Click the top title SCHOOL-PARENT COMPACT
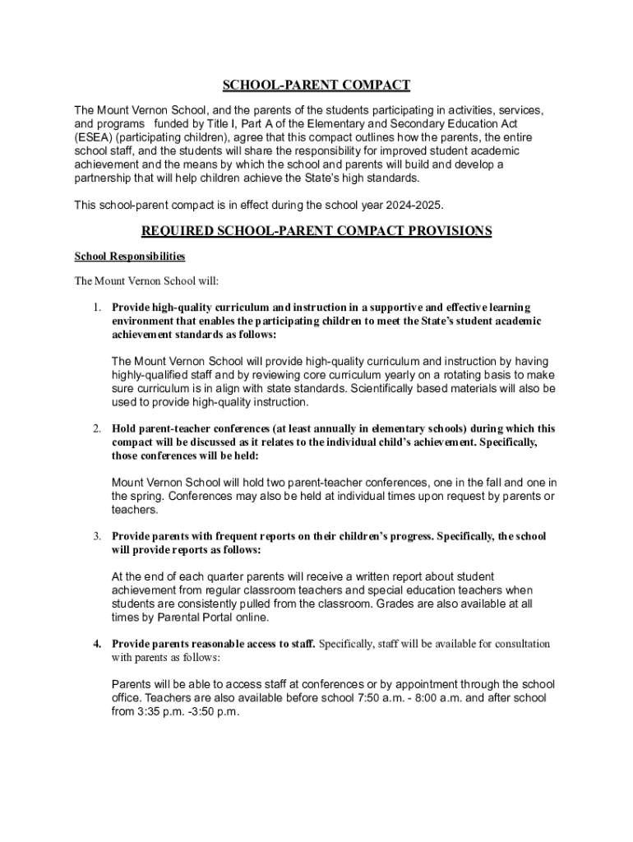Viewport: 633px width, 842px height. (x=316, y=86)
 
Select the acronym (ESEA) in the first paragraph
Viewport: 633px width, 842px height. (x=94, y=137)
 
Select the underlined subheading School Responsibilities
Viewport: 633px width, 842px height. (x=130, y=257)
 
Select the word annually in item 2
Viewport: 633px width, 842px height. (x=321, y=428)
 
